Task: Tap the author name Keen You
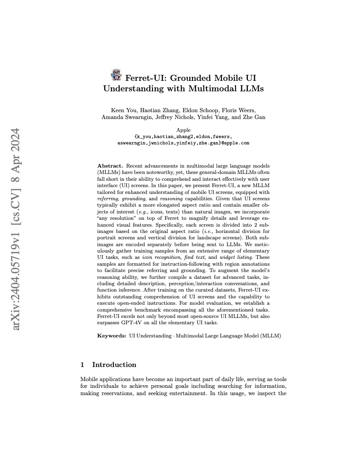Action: point(123,110)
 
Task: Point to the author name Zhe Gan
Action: point(255,118)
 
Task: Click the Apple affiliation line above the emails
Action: point(183,130)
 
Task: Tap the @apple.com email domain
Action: point(236,143)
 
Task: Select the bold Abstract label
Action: point(110,167)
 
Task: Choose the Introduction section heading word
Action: point(114,365)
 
